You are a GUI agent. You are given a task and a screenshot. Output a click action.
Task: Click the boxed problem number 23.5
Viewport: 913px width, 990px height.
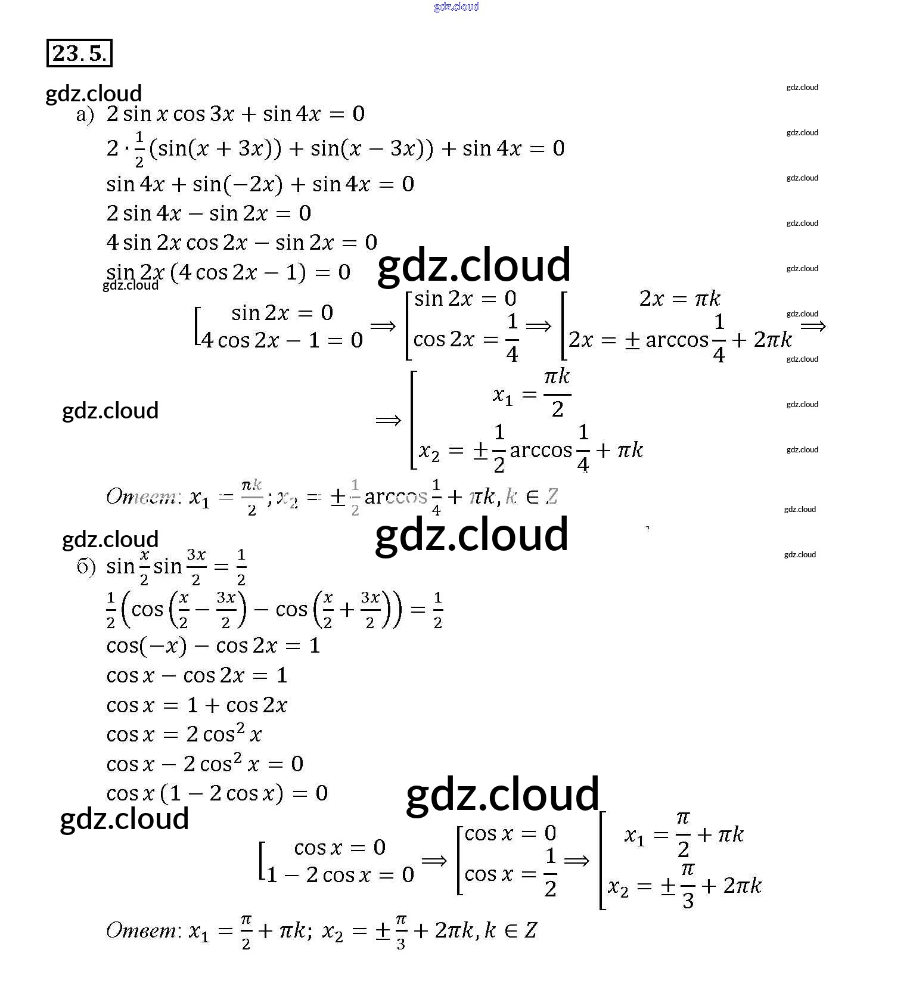point(79,54)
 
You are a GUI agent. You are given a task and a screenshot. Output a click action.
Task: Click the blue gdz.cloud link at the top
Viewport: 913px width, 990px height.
point(456,7)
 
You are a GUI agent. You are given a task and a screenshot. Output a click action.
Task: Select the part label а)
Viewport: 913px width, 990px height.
point(85,115)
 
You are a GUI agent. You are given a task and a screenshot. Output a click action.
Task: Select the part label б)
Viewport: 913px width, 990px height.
point(86,567)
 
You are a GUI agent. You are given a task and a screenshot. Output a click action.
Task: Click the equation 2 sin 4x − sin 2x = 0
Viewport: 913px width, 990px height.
point(208,213)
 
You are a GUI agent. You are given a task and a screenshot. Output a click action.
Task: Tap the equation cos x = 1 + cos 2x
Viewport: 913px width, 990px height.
point(197,705)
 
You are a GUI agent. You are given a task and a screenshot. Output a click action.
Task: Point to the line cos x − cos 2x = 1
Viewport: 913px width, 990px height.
point(197,675)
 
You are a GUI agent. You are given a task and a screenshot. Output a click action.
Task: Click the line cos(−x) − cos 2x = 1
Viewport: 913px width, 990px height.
point(213,645)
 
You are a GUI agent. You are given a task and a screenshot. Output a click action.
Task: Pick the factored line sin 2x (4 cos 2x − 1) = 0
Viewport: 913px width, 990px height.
point(228,272)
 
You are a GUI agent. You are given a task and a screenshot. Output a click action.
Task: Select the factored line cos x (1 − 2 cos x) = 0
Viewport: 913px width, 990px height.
point(216,793)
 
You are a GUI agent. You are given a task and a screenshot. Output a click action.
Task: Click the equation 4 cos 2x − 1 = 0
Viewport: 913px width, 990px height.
point(282,340)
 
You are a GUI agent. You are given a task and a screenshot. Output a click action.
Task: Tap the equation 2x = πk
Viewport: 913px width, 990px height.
point(679,298)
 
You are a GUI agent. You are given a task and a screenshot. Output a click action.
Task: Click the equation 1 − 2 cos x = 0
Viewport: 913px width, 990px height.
point(340,875)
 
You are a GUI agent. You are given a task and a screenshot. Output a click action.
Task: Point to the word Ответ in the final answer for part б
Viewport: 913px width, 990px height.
point(141,930)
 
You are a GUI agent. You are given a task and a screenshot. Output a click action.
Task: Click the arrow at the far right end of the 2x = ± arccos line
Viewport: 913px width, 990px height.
point(813,326)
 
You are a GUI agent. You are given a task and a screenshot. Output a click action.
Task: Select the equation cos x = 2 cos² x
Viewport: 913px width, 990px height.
point(184,734)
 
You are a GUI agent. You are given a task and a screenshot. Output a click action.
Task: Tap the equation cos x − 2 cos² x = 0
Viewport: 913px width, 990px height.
point(204,764)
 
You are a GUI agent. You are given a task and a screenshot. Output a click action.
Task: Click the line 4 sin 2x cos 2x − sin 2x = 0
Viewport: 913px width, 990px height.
point(241,243)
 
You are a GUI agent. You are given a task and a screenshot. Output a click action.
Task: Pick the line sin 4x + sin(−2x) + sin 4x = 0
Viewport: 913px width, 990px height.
point(260,184)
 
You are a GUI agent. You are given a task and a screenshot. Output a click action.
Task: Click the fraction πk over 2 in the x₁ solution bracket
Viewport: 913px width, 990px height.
point(557,393)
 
